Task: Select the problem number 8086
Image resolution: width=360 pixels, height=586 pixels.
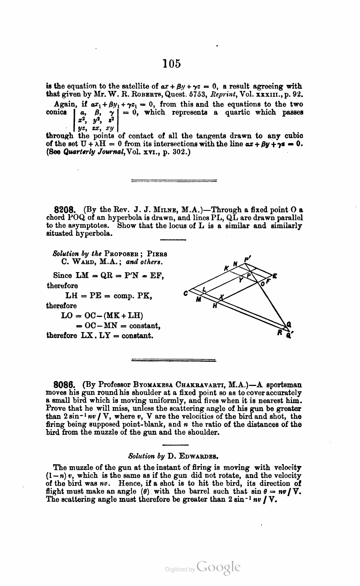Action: [x=64, y=385]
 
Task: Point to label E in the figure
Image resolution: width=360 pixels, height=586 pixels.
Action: [x=275, y=276]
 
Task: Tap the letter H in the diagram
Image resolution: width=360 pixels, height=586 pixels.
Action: [x=215, y=306]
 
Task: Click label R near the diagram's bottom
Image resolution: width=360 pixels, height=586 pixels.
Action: [x=280, y=332]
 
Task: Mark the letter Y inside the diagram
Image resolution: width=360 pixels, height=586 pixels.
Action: [x=240, y=280]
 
